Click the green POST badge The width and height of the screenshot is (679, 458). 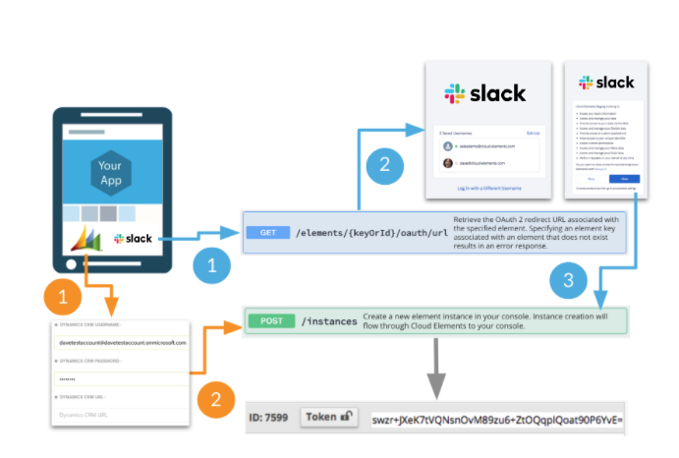pyautogui.click(x=270, y=320)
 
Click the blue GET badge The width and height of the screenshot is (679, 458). pyautogui.click(x=268, y=233)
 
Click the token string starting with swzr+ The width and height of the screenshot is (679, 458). pyautogui.click(x=496, y=418)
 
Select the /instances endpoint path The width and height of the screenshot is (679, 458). pyautogui.click(x=328, y=320)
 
